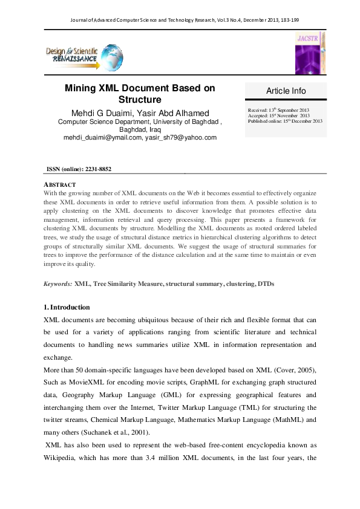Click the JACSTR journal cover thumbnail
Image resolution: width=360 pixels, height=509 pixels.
310,54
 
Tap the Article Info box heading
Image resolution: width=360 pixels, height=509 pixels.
286,91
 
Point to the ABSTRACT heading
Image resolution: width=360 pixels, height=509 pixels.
60,184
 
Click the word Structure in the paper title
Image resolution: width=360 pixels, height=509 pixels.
140,99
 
